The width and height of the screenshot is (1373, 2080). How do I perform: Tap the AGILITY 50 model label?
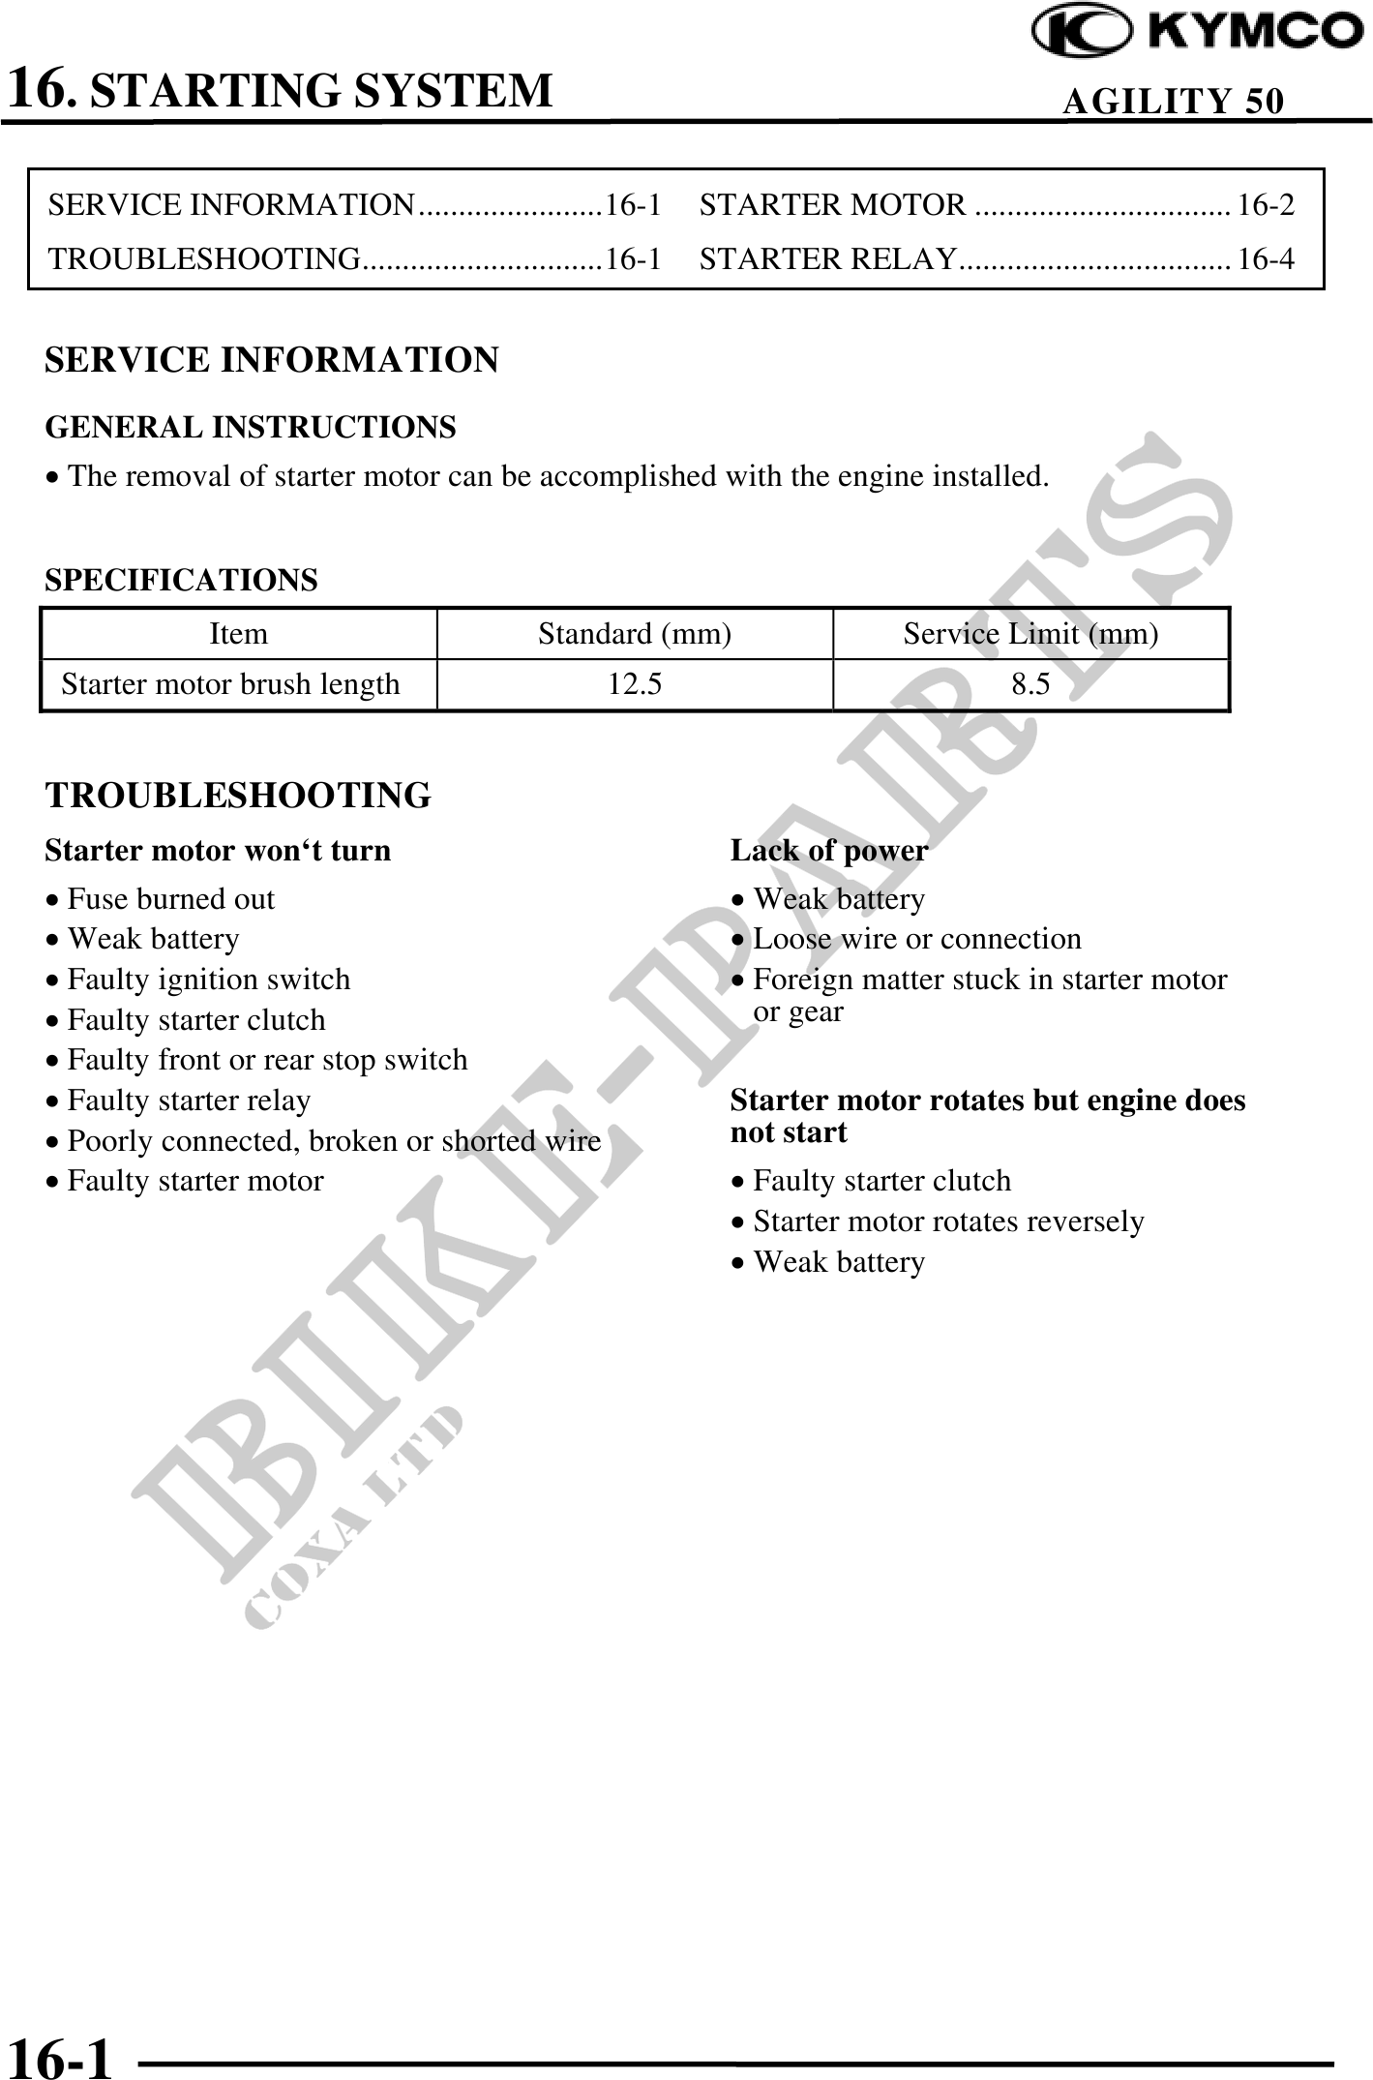click(1173, 101)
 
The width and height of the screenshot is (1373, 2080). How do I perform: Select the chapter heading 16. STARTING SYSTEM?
click(281, 89)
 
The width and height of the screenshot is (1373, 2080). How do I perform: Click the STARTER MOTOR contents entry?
click(832, 205)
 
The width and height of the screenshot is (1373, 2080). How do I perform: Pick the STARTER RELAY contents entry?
click(828, 259)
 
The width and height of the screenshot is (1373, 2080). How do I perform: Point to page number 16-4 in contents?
click(1266, 259)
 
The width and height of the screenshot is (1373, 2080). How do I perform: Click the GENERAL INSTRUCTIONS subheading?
click(251, 427)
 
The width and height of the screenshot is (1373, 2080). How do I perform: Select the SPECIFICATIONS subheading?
click(181, 581)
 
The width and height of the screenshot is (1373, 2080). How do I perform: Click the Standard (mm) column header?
click(635, 634)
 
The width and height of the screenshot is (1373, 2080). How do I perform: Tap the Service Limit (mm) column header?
click(1030, 634)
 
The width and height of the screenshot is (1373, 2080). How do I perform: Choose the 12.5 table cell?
click(635, 685)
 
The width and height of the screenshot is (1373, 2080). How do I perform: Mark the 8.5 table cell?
click(1030, 685)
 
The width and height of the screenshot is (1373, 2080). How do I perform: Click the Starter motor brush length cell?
click(230, 685)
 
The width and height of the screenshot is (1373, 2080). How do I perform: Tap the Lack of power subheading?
click(828, 851)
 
